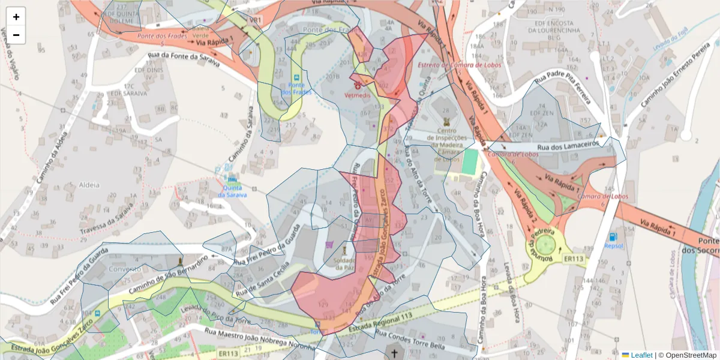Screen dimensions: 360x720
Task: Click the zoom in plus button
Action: (x=16, y=17)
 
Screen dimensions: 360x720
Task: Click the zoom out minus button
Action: (x=16, y=35)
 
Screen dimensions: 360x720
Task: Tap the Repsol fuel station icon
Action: (x=613, y=236)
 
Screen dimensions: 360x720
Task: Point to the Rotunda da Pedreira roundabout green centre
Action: (x=545, y=245)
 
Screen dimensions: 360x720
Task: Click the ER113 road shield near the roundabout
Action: (x=574, y=259)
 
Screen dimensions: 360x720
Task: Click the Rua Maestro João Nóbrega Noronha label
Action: (x=259, y=338)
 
